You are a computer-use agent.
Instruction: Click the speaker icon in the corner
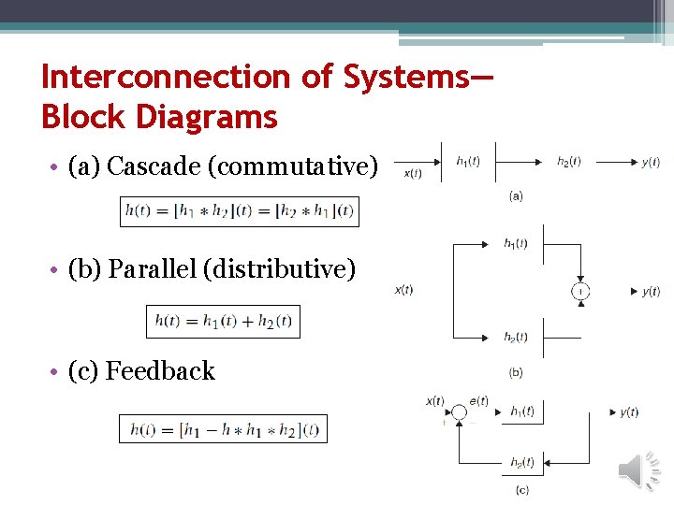(639, 469)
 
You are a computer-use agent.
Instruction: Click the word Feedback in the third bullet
(160, 371)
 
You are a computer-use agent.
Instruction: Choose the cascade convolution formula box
(239, 211)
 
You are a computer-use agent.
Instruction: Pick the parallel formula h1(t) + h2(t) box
(223, 321)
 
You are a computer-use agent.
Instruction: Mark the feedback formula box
(223, 429)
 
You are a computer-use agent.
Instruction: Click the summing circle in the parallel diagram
(580, 292)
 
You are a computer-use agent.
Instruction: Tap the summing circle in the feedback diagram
(459, 411)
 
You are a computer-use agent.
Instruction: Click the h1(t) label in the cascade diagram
(468, 161)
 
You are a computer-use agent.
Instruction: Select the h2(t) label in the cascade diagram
(569, 161)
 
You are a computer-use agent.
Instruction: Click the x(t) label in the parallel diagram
(403, 290)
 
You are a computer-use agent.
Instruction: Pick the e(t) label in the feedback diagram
(478, 401)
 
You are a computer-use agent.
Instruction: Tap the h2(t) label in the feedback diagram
(522, 462)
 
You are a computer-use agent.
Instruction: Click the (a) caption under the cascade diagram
(516, 195)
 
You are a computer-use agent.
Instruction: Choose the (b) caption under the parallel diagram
(516, 372)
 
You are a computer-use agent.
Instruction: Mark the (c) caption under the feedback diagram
(521, 489)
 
